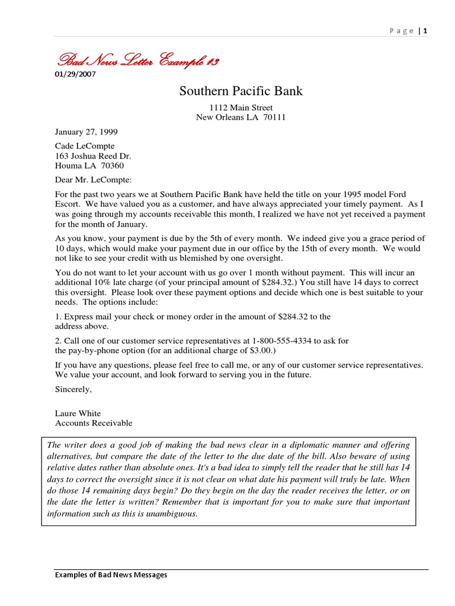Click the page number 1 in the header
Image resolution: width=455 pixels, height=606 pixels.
425,31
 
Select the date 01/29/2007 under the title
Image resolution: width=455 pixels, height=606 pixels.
75,75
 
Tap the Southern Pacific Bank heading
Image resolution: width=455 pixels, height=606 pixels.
241,91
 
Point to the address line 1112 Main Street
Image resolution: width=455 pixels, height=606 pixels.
241,108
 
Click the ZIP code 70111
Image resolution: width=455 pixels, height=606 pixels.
274,117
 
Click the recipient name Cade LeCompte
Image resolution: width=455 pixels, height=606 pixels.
85,146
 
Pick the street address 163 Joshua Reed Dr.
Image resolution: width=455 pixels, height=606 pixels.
93,156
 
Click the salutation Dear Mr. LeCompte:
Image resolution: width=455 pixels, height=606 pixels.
94,180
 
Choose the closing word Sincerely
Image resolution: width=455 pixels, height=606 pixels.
73,389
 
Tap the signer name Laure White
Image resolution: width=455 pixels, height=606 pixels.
78,414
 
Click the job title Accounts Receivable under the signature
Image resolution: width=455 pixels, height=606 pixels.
94,423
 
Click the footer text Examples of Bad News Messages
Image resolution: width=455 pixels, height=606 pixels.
111,575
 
